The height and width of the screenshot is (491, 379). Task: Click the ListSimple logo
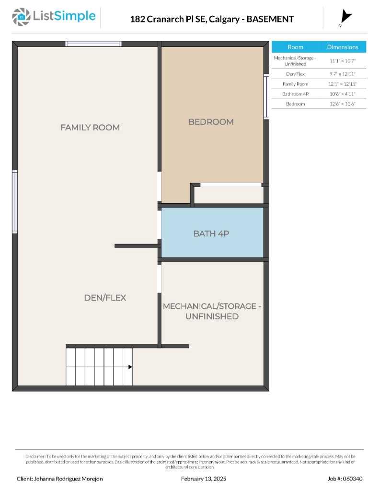click(54, 17)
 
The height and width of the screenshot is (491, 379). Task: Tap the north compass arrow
click(345, 17)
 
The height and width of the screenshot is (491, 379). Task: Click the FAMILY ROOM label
click(90, 128)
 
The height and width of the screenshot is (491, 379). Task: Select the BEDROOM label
click(211, 122)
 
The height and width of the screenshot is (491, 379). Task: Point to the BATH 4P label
click(212, 234)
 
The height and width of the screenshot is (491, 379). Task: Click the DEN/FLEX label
click(105, 298)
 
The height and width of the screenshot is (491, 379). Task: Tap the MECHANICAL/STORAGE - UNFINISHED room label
click(212, 311)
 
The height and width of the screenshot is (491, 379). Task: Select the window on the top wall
click(93, 44)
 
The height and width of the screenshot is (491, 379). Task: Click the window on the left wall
click(15, 202)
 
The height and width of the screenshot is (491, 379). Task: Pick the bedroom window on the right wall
click(266, 96)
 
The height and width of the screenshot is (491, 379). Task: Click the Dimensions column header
click(343, 47)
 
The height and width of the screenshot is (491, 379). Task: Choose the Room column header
click(295, 47)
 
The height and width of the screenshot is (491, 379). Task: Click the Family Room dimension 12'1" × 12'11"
click(343, 84)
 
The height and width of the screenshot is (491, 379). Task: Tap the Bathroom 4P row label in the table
click(295, 94)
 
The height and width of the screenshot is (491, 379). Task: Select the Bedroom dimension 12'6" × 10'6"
click(343, 104)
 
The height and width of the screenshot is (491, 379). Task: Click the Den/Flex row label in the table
click(295, 74)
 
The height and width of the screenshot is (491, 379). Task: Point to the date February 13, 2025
click(204, 479)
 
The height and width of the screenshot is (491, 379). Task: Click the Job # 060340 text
click(345, 479)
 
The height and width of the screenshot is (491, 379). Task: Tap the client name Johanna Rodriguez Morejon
click(60, 479)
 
